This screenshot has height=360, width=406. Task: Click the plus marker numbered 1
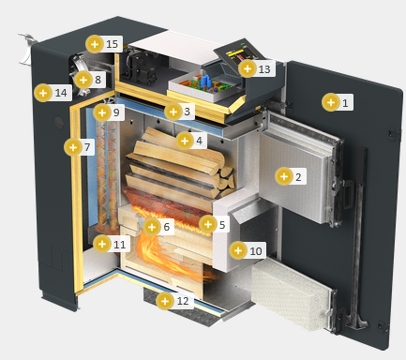(x=331, y=102)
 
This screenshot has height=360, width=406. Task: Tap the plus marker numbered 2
(x=284, y=176)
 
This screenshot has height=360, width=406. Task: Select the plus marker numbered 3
(x=173, y=112)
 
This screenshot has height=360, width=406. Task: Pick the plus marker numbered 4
(x=185, y=141)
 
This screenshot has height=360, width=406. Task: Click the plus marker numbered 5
(x=208, y=224)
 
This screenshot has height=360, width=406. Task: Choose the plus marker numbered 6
(x=152, y=227)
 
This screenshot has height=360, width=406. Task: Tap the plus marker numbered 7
(x=73, y=147)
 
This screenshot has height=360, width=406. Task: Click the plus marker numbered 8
(x=83, y=80)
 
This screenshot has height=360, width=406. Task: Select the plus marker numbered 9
(x=102, y=112)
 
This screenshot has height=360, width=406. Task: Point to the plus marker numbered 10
(x=238, y=250)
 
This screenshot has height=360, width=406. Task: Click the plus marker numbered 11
(x=102, y=244)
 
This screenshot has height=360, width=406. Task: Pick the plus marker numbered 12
(x=165, y=301)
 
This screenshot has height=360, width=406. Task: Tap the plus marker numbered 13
(x=248, y=68)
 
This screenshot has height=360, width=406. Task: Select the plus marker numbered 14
(x=43, y=93)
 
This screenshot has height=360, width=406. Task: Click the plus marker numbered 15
(x=95, y=44)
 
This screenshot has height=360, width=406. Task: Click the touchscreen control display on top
(x=239, y=52)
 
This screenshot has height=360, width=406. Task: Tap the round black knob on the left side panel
(x=58, y=123)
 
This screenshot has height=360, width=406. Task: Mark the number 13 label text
(x=264, y=69)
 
